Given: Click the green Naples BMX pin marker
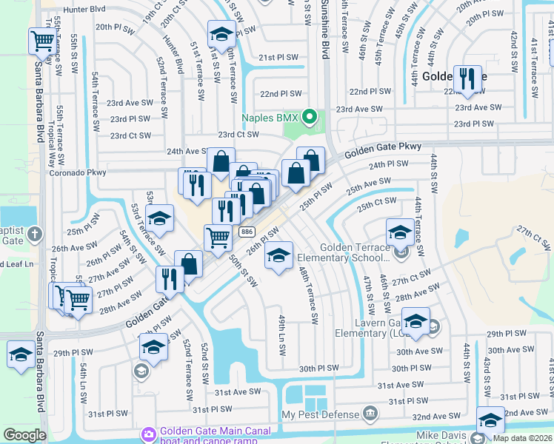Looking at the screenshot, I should (x=311, y=118).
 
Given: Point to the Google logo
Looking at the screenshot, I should (x=24, y=435).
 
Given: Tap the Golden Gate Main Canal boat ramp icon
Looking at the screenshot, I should (x=148, y=433).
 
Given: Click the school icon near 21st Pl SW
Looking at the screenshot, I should (x=221, y=34).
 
